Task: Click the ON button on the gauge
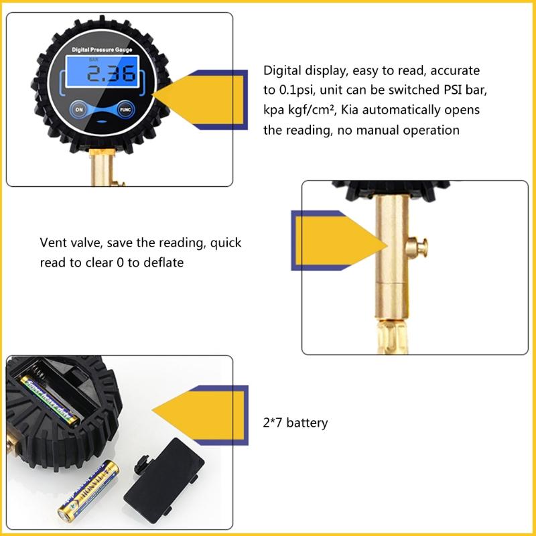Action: (x=80, y=109)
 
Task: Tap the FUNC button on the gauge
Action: (x=124, y=109)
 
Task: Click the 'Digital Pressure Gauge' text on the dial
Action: (x=102, y=50)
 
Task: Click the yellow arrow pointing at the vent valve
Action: (x=322, y=238)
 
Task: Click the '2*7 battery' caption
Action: (x=295, y=423)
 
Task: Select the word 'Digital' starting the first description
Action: (x=282, y=70)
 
